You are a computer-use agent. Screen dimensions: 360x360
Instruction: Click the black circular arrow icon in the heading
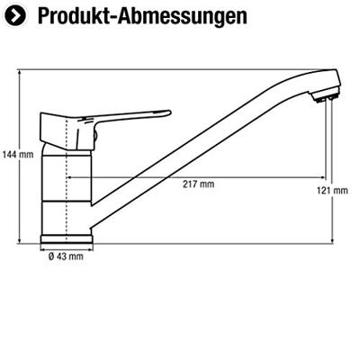(15, 15)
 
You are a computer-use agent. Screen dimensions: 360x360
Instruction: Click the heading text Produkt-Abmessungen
(142, 15)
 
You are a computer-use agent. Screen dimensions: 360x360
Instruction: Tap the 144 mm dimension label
(18, 155)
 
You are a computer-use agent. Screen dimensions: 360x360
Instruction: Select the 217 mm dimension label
(199, 184)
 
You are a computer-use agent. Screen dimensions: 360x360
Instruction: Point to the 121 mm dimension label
(333, 191)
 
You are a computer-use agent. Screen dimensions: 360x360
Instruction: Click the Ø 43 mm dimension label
(66, 256)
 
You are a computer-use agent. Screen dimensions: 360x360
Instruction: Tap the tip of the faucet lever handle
(170, 112)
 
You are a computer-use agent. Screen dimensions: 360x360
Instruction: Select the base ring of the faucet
(67, 239)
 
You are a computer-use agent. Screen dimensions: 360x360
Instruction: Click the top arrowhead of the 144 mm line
(20, 72)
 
